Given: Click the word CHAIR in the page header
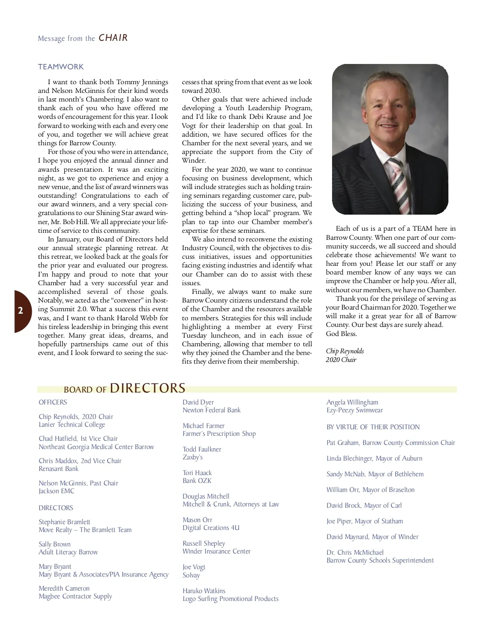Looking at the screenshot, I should [x=113, y=38].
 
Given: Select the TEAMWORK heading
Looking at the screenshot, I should [x=61, y=67].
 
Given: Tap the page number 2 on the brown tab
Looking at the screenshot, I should [x=21, y=311].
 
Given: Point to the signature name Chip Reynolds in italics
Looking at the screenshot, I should [x=345, y=351].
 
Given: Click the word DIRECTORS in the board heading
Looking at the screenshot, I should [x=148, y=388].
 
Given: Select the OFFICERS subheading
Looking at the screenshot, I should [x=53, y=402].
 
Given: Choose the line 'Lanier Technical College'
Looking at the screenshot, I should [x=72, y=425].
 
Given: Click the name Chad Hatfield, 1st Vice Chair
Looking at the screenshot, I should [x=78, y=439].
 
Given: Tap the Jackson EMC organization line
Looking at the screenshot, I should [x=57, y=491].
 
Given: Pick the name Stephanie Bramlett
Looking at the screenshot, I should [x=64, y=522].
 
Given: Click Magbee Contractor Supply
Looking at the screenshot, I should [x=75, y=596].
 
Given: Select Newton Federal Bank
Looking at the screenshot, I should [x=211, y=410].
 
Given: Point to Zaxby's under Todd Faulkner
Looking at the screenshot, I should [x=193, y=457].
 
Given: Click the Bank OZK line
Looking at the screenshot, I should [x=197, y=481].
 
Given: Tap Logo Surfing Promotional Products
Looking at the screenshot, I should [x=230, y=599].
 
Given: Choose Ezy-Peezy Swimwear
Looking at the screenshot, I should [x=354, y=410].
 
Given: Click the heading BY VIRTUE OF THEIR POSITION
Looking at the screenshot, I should [x=373, y=427].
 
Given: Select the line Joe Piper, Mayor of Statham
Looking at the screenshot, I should [x=365, y=521].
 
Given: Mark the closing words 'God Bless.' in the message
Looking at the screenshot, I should [x=342, y=334].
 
